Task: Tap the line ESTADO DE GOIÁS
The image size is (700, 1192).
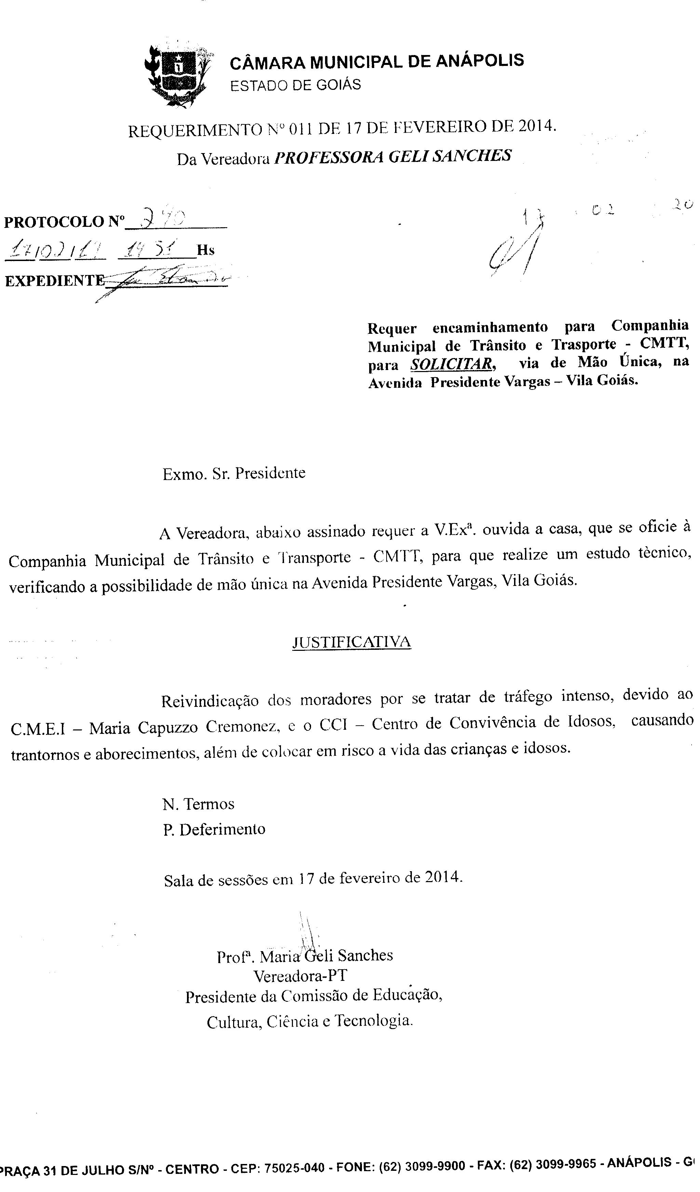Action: click(295, 85)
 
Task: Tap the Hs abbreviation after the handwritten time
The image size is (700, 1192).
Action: click(205, 250)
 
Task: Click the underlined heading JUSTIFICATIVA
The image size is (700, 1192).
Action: click(352, 642)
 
